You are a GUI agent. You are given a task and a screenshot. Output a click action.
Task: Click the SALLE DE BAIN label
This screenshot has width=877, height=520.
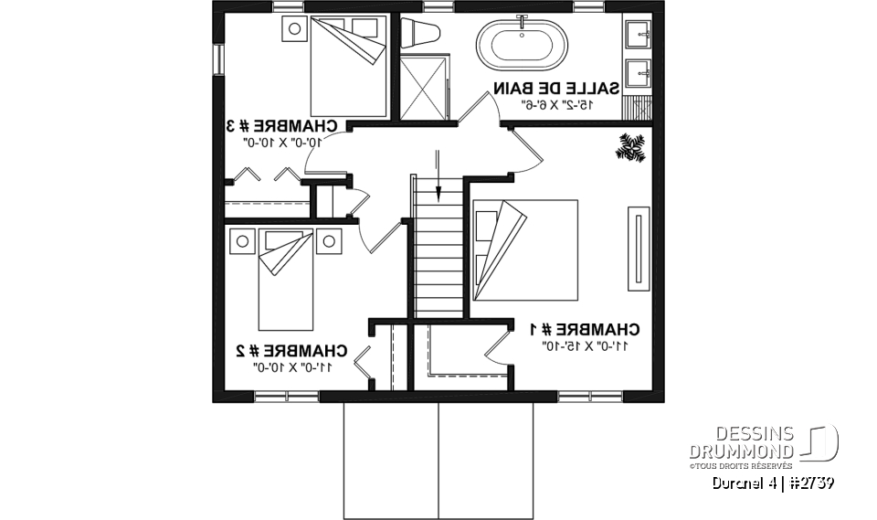click(x=556, y=89)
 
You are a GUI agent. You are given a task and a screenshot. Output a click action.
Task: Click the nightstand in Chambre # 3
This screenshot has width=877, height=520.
click(x=294, y=28)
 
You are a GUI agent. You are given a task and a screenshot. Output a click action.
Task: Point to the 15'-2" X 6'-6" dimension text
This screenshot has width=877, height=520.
click(x=556, y=105)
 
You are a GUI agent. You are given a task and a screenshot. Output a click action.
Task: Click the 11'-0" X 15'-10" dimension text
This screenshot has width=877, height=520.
click(x=586, y=346)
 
